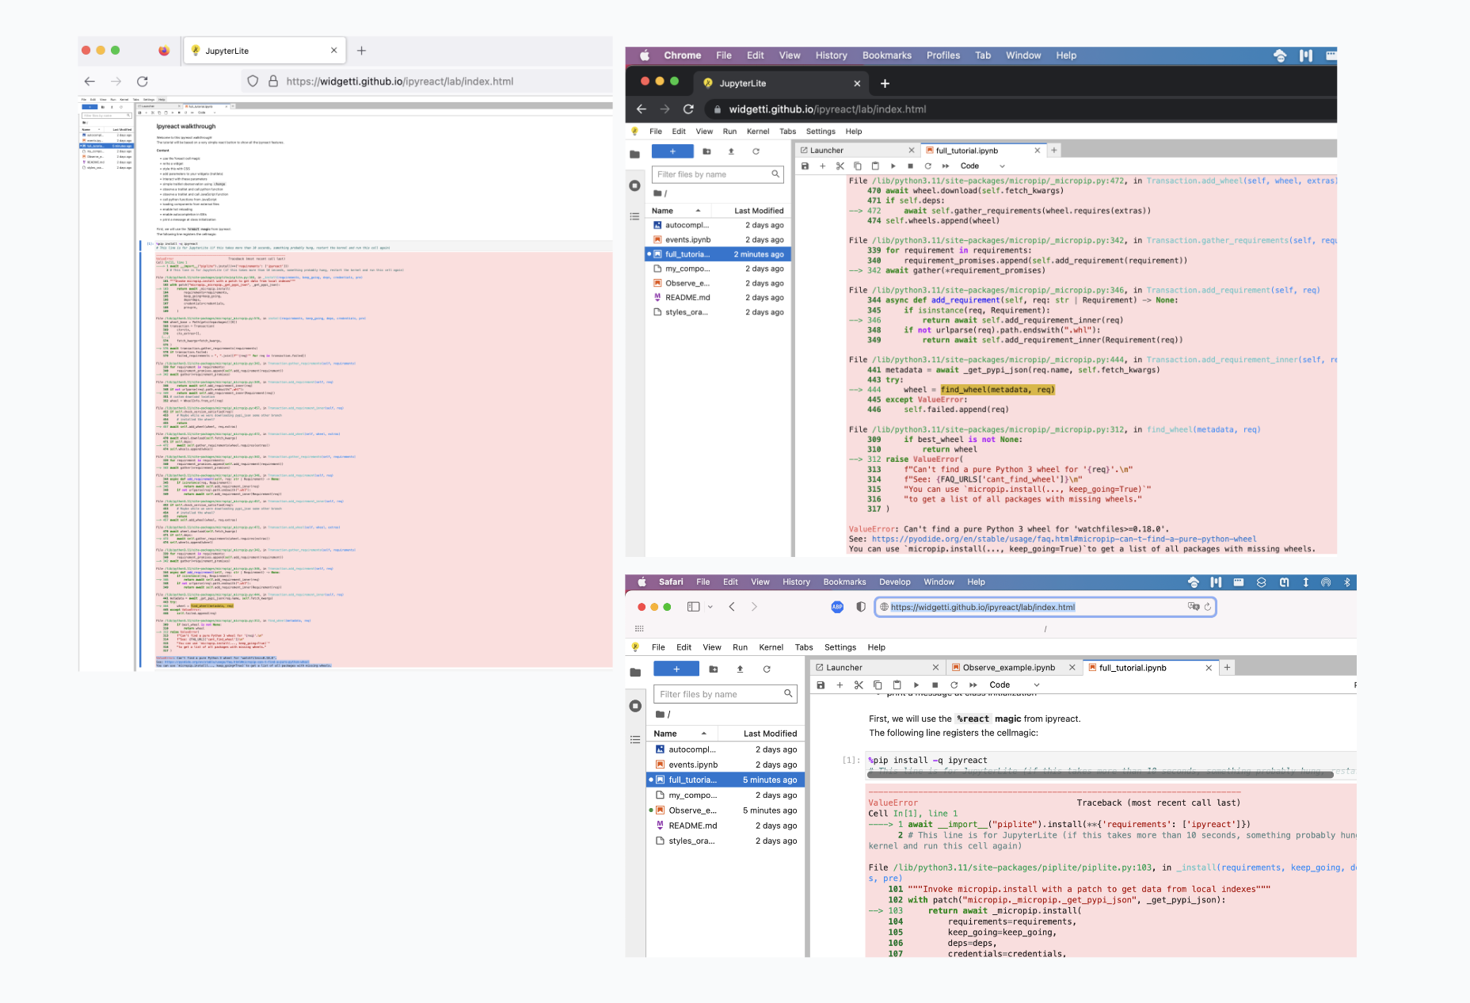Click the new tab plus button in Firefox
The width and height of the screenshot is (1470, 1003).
(361, 51)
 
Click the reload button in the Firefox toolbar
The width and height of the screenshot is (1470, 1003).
(143, 82)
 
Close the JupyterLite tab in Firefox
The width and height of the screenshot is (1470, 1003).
(333, 51)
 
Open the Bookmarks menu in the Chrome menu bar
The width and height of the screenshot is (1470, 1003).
(886, 55)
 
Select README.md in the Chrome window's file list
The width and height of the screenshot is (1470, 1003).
(687, 298)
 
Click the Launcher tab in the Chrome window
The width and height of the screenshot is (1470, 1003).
(827, 151)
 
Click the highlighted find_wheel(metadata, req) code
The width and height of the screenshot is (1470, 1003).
(997, 390)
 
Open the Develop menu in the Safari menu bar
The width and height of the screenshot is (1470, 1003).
(894, 582)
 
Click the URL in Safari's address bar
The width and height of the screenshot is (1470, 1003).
(982, 608)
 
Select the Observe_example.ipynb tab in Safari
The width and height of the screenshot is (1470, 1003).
(1008, 668)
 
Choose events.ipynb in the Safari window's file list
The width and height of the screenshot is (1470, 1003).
(693, 765)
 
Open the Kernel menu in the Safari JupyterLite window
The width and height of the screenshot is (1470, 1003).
(771, 647)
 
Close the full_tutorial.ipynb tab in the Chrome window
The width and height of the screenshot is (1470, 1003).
(1037, 151)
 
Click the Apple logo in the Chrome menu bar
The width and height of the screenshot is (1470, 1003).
(645, 55)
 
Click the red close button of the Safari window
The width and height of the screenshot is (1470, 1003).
(642, 607)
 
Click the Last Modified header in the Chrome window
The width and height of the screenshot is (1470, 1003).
(758, 211)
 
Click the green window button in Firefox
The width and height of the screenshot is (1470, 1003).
(116, 51)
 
